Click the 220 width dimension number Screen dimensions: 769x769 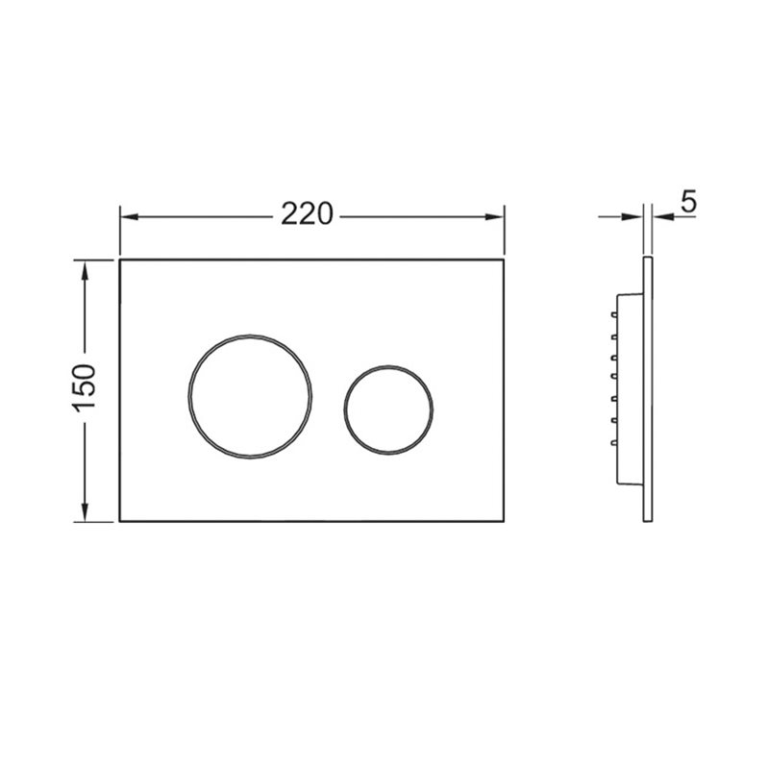(307, 214)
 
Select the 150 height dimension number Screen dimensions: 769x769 (85, 387)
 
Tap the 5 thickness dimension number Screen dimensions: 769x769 (688, 201)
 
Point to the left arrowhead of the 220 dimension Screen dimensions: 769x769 (130, 217)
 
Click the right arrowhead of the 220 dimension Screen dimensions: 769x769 (494, 217)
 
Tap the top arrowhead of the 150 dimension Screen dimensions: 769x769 (85, 270)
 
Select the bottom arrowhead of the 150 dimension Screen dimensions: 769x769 (85, 511)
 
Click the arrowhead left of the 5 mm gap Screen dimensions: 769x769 (633, 217)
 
